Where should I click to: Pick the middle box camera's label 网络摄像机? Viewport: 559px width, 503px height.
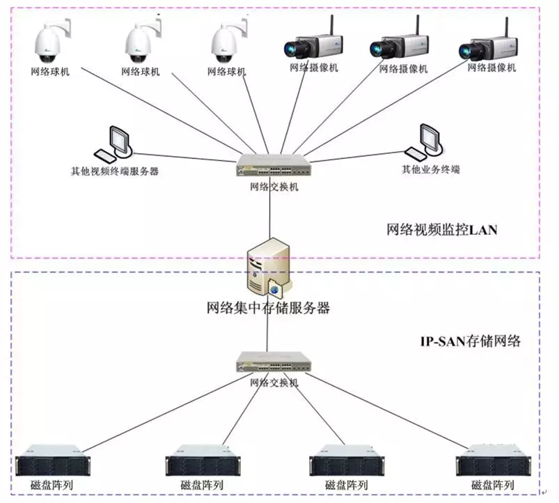[402, 70]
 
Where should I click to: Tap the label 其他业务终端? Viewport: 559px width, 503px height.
[430, 169]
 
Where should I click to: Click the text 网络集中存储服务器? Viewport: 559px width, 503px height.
[269, 307]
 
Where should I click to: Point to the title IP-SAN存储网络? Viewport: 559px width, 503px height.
[469, 341]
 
